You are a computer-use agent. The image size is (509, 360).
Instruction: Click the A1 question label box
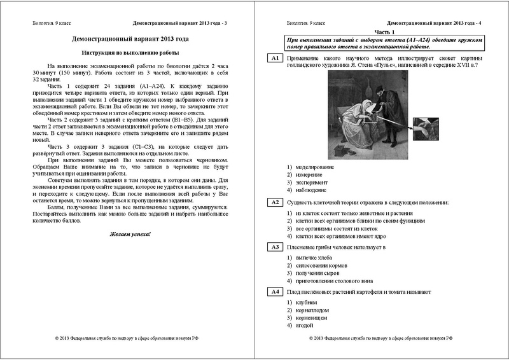[275, 59]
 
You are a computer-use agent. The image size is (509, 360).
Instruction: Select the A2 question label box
[275, 202]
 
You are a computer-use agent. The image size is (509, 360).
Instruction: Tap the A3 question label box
[275, 247]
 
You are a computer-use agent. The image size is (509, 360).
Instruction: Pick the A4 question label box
[275, 291]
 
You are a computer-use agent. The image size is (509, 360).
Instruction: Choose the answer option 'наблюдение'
[310, 190]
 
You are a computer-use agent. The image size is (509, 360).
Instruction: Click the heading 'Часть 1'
[384, 31]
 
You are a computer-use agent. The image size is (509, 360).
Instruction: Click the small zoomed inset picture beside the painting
[423, 129]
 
